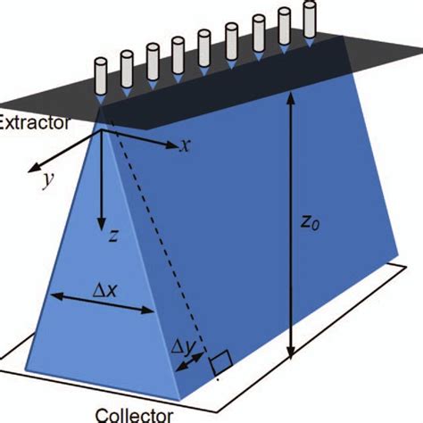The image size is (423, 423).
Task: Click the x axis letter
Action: [185, 145]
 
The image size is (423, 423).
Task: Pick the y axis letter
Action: [46, 179]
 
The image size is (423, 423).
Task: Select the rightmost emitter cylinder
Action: [309, 19]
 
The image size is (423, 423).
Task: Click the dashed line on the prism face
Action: [156, 241]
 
